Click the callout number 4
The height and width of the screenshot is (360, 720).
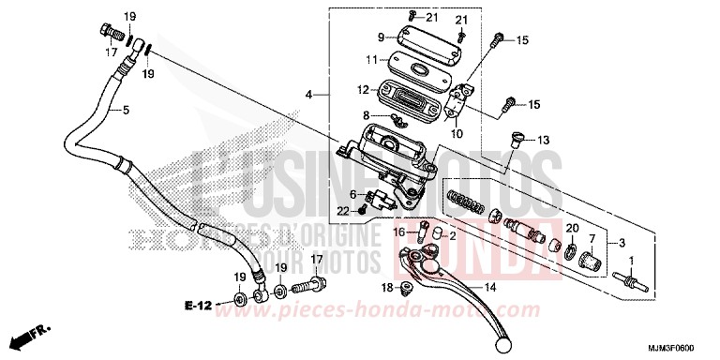pyautogui.click(x=307, y=95)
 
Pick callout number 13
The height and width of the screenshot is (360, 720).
pyautogui.click(x=544, y=140)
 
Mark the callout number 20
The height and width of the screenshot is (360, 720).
pyautogui.click(x=570, y=228)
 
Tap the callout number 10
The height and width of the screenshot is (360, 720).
pyautogui.click(x=457, y=134)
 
